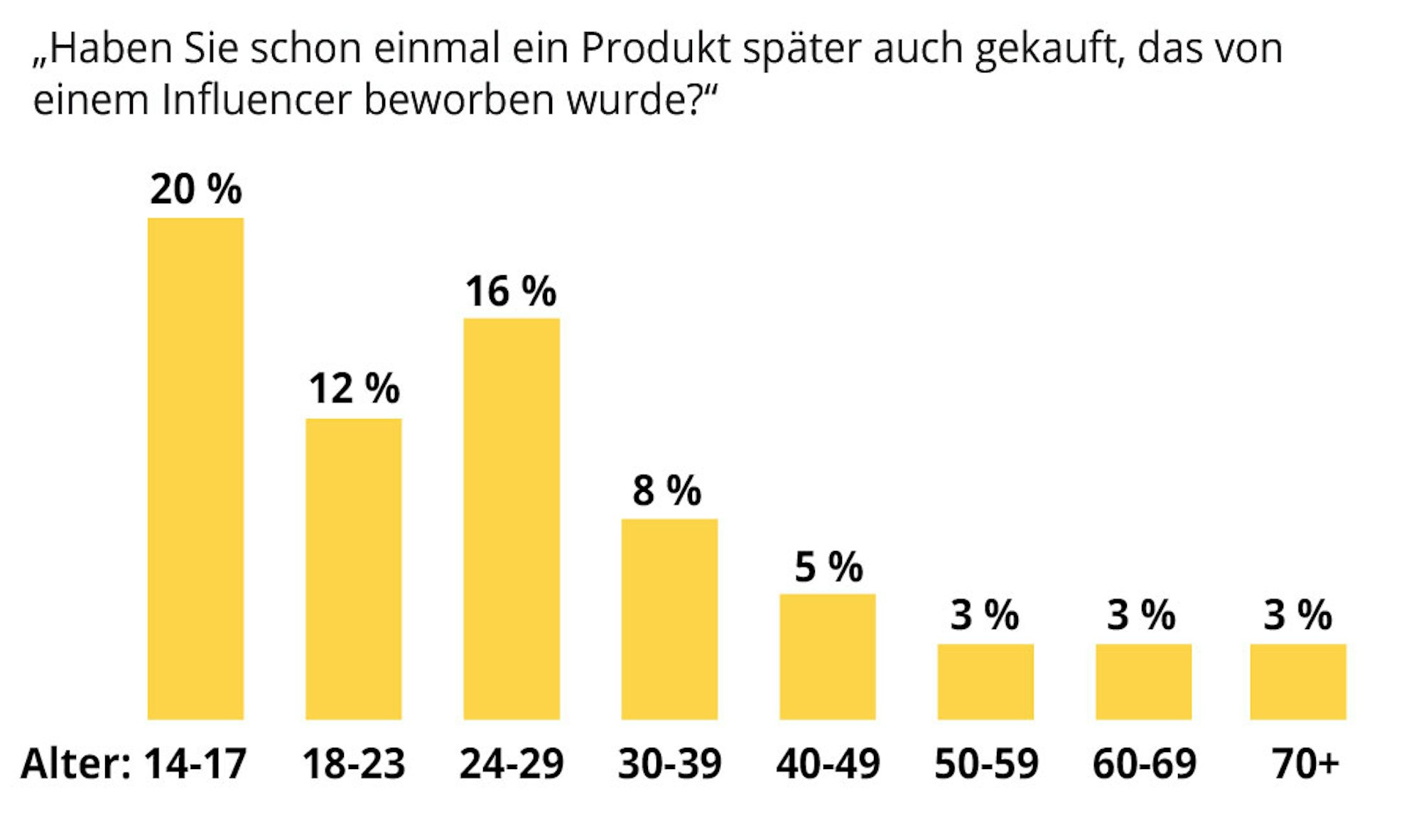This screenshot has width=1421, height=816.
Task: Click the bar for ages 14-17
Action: pyautogui.click(x=195, y=468)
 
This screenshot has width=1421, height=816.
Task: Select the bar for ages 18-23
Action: pyautogui.click(x=353, y=569)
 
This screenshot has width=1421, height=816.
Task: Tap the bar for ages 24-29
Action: pyautogui.click(x=512, y=519)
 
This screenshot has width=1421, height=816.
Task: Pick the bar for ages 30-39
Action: pyautogui.click(x=669, y=619)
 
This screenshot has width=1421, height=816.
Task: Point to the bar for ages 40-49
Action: pyautogui.click(x=827, y=657)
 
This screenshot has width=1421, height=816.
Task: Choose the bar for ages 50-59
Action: pyautogui.click(x=985, y=682)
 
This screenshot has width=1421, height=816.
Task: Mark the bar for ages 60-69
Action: pyautogui.click(x=1143, y=682)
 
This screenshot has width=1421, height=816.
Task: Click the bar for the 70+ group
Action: pyautogui.click(x=1298, y=682)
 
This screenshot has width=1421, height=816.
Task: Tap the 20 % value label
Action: pyautogui.click(x=195, y=190)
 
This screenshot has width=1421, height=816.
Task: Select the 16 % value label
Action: pyautogui.click(x=511, y=291)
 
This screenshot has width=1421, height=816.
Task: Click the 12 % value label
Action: pyautogui.click(x=354, y=389)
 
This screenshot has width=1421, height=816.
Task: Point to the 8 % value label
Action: pyautogui.click(x=667, y=490)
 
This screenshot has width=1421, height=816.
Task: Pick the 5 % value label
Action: pyautogui.click(x=828, y=567)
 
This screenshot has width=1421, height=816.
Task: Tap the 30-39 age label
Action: pyautogui.click(x=669, y=764)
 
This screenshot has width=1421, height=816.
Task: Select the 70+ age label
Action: pyautogui.click(x=1305, y=764)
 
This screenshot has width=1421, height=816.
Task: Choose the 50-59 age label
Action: pyautogui.click(x=986, y=764)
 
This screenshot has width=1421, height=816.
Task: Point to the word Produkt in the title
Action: pyautogui.click(x=655, y=48)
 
